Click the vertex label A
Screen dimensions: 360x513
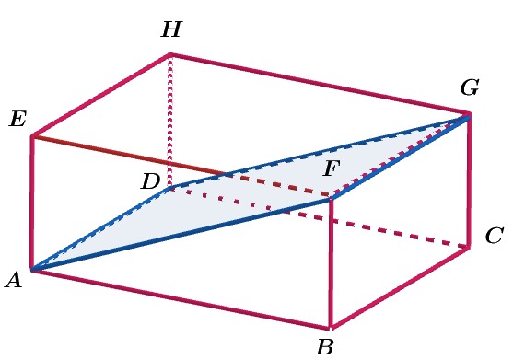click(x=13, y=281)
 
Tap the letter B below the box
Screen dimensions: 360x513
click(x=324, y=347)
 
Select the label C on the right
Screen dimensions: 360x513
click(x=494, y=236)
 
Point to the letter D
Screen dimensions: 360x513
click(x=150, y=182)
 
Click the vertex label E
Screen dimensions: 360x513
click(x=17, y=119)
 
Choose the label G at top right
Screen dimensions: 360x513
click(x=470, y=88)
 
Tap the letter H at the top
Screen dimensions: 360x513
click(x=170, y=30)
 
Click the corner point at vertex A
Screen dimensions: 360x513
click(x=32, y=270)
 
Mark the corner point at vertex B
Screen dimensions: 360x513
click(x=331, y=328)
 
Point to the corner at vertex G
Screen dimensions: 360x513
click(x=469, y=116)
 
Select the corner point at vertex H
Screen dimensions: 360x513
click(x=170, y=55)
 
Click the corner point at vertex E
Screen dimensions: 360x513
click(x=32, y=136)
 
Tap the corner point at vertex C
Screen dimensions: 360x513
click(x=469, y=247)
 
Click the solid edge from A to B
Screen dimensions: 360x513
click(x=181, y=299)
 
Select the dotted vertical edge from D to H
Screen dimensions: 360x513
click(x=170, y=120)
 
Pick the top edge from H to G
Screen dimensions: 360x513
click(x=320, y=86)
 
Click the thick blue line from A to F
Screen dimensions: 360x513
click(x=181, y=234)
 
